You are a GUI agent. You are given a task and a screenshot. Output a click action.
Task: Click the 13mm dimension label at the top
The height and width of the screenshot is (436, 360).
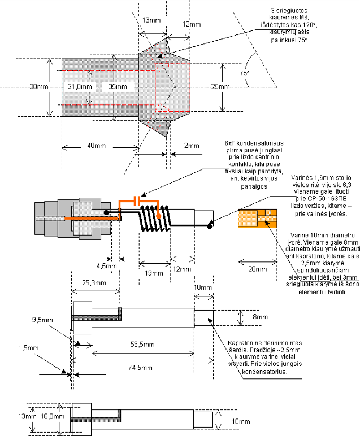[151, 20]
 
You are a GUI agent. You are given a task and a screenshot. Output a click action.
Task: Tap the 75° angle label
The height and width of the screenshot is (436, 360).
[245, 73]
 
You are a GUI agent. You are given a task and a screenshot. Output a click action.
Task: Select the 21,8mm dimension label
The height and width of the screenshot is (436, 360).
[80, 87]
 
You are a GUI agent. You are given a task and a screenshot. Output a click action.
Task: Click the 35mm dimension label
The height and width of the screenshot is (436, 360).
[118, 87]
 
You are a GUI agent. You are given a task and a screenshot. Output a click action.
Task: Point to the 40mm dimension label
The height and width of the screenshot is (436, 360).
[97, 146]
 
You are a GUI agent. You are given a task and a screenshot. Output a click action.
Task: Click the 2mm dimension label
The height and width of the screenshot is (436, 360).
[192, 146]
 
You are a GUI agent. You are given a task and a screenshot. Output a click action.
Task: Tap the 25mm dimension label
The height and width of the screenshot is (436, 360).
[220, 87]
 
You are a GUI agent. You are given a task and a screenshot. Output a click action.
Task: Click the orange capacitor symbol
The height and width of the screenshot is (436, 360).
[137, 200]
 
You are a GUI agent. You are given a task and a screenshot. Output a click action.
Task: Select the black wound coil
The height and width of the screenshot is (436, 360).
[154, 218]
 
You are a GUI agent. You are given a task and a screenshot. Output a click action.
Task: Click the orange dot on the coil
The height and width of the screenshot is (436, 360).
[158, 216]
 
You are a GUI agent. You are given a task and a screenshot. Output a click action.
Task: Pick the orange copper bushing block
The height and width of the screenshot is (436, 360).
[257, 219]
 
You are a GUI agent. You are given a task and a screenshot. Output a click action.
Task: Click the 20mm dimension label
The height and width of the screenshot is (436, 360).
[257, 269]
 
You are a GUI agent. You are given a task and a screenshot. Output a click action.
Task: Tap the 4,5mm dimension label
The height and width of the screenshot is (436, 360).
[107, 266]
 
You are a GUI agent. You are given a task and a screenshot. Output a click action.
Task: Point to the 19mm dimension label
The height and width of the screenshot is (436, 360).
[154, 273]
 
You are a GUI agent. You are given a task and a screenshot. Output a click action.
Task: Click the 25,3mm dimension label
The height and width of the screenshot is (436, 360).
[94, 283]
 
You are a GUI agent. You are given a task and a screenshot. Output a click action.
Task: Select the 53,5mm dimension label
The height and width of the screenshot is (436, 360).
[142, 345]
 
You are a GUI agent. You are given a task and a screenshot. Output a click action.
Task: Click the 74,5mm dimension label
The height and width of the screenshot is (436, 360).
[140, 368]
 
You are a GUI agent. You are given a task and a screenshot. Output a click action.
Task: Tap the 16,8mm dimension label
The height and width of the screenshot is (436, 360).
[53, 416]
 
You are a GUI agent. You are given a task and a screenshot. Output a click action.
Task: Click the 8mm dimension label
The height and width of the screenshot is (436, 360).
[260, 317]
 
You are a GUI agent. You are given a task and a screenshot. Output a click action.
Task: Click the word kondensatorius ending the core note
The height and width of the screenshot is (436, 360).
[264, 372]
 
